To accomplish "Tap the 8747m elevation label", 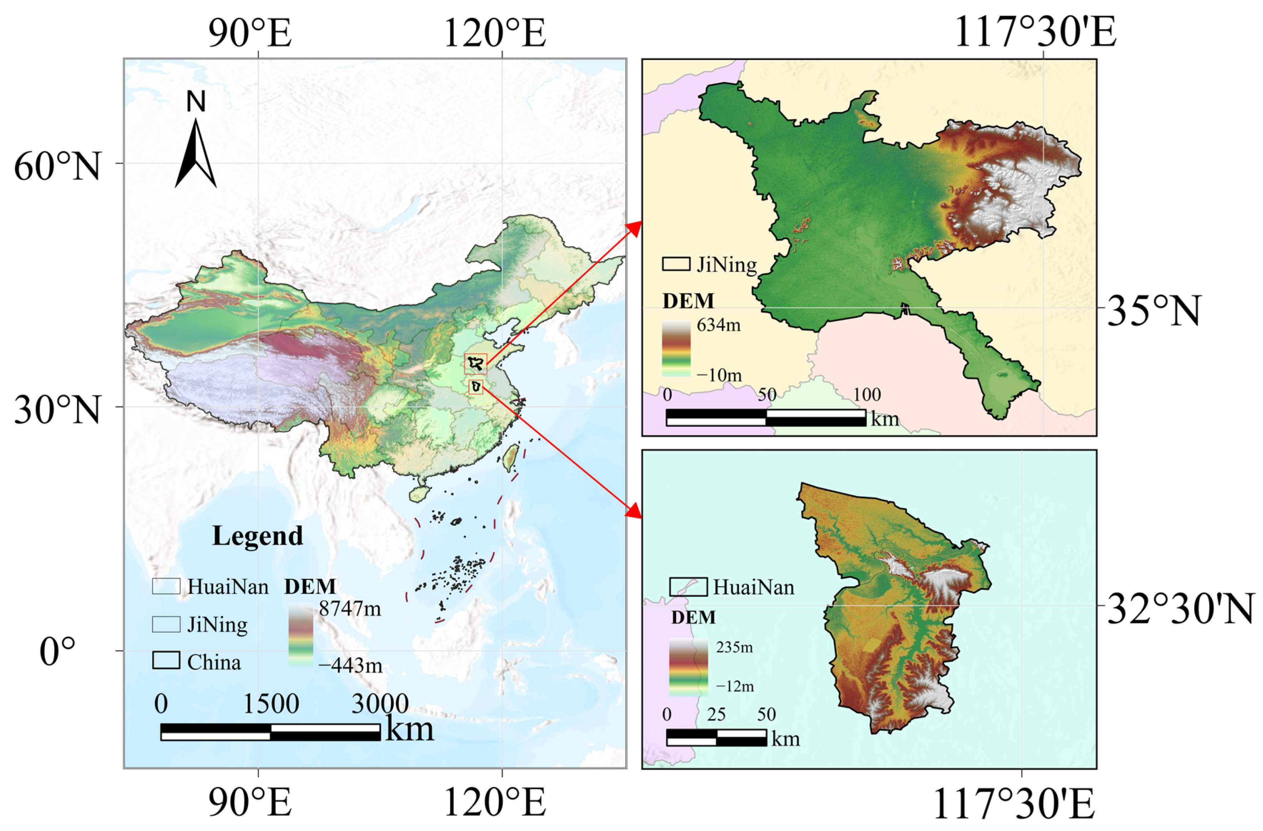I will (350, 608).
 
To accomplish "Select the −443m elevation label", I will (350, 665).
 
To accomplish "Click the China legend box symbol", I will (165, 660).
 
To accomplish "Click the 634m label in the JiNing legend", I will (718, 324).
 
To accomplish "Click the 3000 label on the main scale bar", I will (380, 704).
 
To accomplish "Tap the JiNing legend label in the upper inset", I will (726, 264).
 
